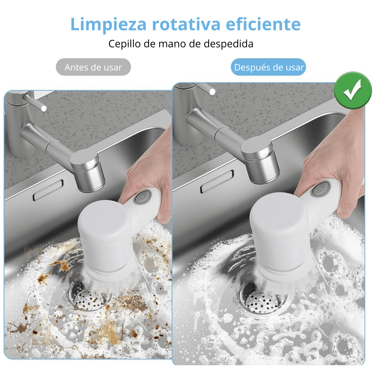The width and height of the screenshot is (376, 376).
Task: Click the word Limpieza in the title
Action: (108, 25)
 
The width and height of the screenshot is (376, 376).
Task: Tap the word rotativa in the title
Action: (186, 24)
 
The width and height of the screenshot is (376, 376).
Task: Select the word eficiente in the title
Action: (263, 24)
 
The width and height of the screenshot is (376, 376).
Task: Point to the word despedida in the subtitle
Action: (228, 43)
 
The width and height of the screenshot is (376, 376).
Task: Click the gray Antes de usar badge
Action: (93, 67)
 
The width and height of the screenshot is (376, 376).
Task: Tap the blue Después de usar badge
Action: (268, 67)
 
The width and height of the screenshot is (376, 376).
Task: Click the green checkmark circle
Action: (353, 90)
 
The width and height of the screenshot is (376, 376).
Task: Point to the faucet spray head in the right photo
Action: (260, 159)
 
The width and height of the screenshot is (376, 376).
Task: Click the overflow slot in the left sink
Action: (48, 190)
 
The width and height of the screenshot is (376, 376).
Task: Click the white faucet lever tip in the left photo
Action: (44, 109)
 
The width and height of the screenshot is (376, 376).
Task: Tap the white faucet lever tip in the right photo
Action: (212, 92)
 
